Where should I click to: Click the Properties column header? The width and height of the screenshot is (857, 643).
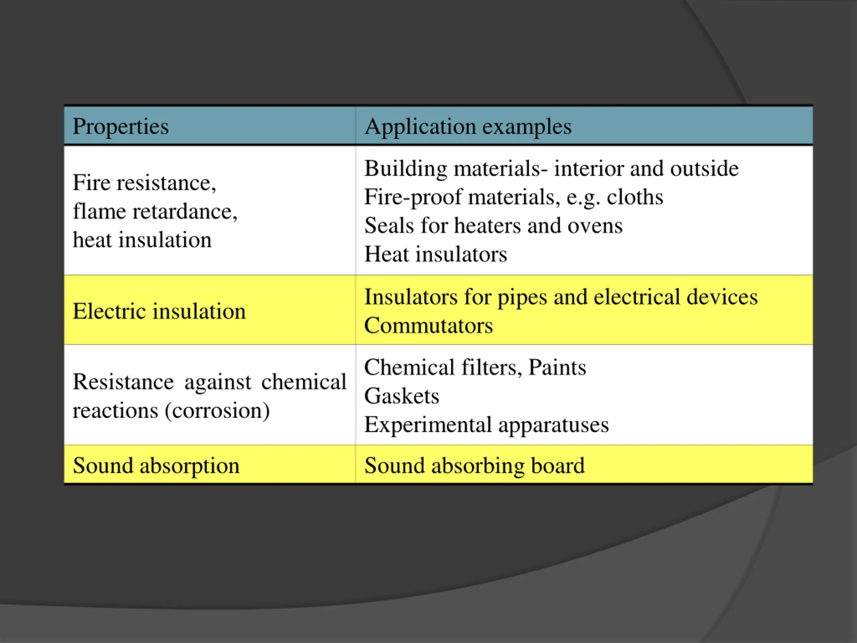coord(121,126)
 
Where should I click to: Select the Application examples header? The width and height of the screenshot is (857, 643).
coord(468,126)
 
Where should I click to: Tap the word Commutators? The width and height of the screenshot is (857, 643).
coord(428,325)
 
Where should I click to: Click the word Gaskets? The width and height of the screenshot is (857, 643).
coord(402,396)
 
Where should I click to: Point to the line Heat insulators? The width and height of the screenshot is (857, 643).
coord(436,254)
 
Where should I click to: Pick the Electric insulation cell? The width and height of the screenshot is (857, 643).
coord(159,311)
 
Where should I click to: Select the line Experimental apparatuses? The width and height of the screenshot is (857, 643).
coord(486,425)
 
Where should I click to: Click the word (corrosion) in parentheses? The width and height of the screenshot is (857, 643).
coord(217,411)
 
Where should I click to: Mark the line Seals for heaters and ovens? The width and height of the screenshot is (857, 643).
coord(493,226)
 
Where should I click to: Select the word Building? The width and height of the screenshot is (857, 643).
coord(406,168)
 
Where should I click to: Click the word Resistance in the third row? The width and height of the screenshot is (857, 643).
coord(123,382)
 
